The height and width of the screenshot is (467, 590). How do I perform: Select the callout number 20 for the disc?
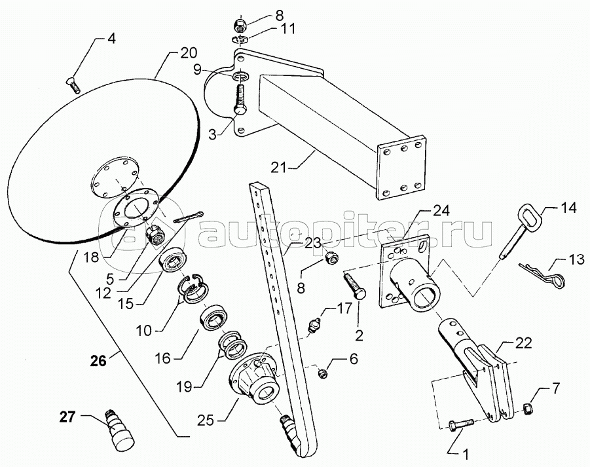coord(188,53)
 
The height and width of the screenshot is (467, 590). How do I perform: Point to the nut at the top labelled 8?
coord(239,25)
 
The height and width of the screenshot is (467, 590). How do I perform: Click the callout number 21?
coord(279,167)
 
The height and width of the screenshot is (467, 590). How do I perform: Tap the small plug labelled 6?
coord(322,374)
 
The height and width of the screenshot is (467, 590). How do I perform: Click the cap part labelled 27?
coord(119,430)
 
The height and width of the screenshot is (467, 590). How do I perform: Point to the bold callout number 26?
coord(99,360)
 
